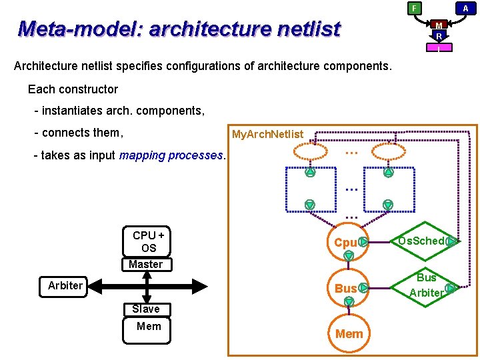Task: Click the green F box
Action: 414,8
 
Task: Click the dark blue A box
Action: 465,8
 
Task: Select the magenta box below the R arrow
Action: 439,47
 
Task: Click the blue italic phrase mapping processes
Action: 171,155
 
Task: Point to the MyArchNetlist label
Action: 267,135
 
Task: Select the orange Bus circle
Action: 345,289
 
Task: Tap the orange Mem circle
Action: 349,333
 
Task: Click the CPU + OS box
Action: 148,241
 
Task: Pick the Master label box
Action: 145,264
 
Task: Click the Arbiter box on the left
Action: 65,286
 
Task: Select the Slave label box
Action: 145,309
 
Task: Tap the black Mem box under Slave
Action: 148,326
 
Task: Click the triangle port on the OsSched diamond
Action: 451,241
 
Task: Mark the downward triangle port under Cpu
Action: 348,256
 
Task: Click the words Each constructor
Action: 73,89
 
